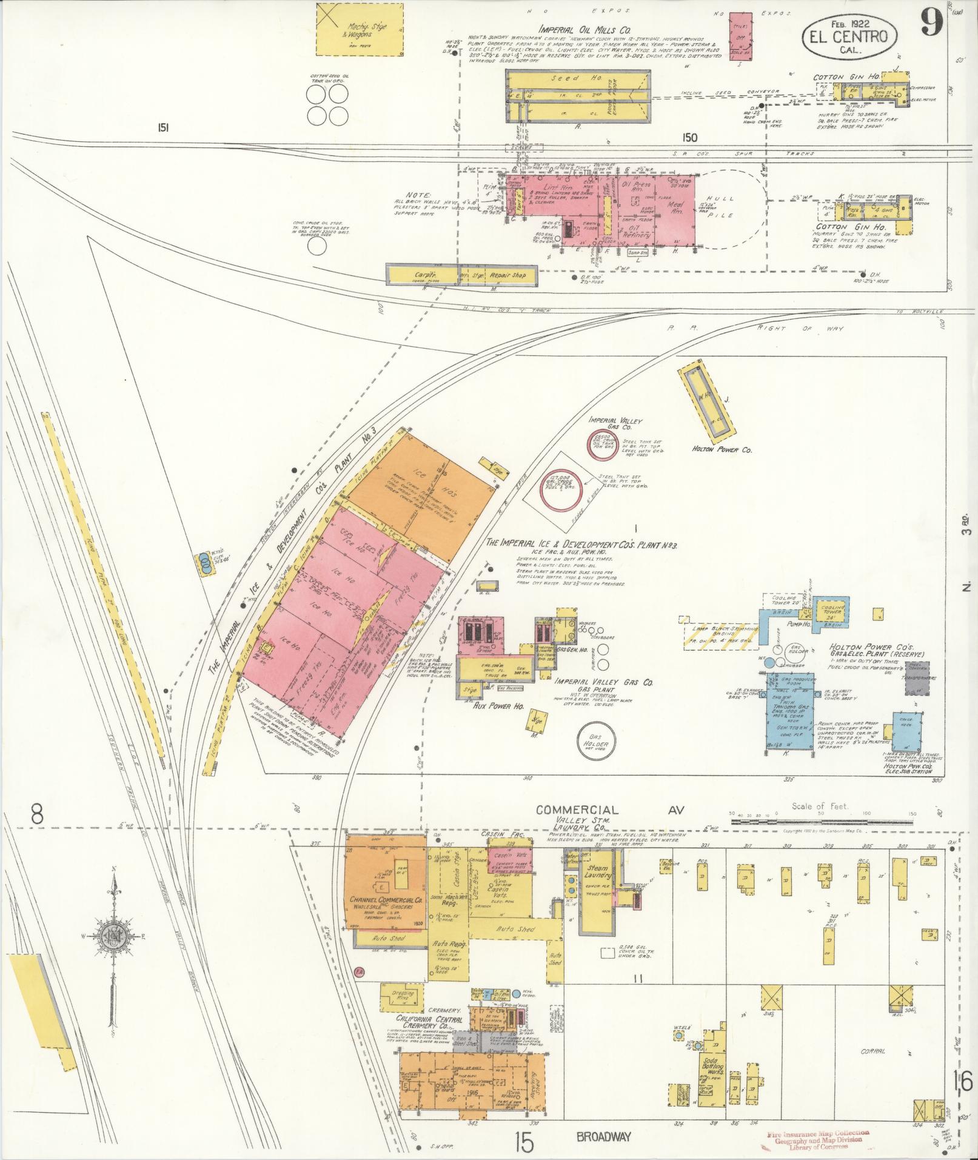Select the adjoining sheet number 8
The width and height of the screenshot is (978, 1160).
38,814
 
